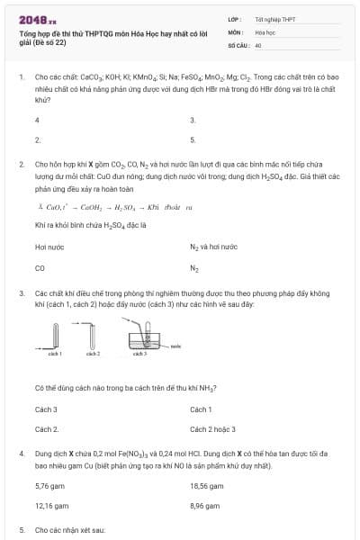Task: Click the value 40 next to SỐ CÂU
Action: (258, 44)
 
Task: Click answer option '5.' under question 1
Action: (193, 140)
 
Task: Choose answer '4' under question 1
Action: (37, 120)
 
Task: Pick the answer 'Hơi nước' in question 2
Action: (48, 246)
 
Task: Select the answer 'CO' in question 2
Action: (40, 267)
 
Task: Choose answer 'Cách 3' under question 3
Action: (46, 409)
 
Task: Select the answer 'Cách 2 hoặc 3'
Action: (213, 430)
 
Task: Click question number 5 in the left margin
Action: (22, 530)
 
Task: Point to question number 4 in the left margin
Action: (22, 455)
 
